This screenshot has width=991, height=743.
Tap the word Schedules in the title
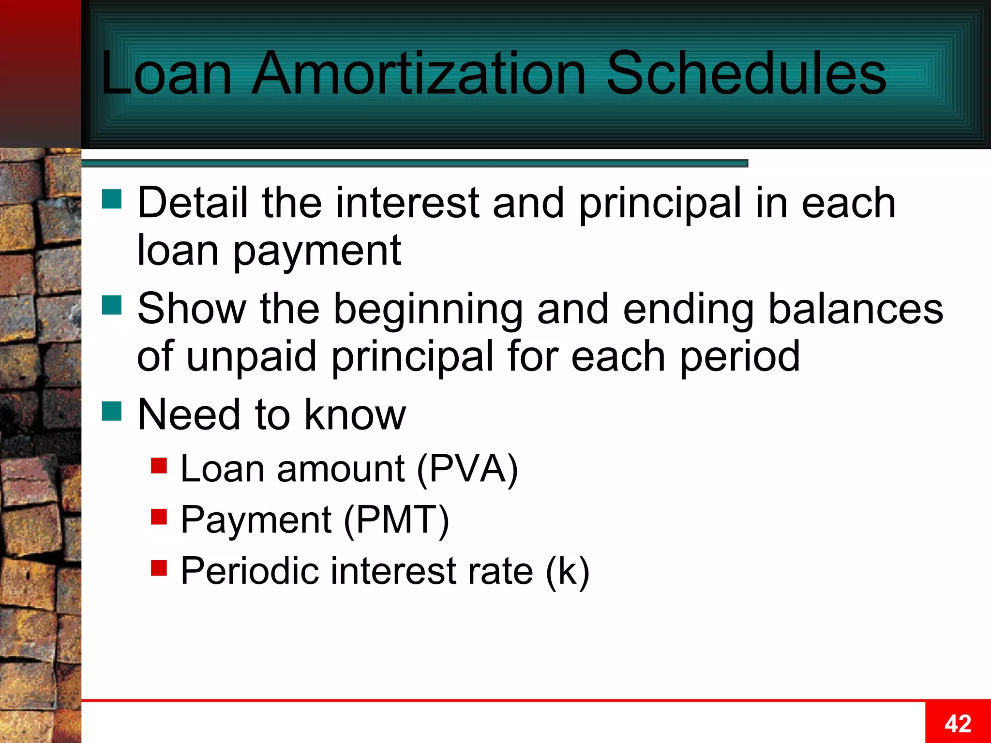coord(746,74)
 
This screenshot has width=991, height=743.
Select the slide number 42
coord(958,724)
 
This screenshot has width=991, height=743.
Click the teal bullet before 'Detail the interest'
coord(112,199)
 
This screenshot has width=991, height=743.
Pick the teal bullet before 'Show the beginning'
coord(112,305)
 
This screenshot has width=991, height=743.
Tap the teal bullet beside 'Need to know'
coord(112,411)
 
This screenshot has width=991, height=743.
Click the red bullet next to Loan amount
coord(159,465)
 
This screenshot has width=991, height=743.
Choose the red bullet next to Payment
coord(159,517)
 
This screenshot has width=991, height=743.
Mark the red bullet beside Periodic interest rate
coord(159,568)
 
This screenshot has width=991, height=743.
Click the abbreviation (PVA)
coord(467,469)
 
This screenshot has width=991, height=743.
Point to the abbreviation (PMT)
coord(396,520)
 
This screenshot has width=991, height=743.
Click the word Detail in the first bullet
coord(193,203)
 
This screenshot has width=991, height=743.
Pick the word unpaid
coord(251,357)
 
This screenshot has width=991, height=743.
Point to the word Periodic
coord(250,571)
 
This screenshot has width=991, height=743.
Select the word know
coord(355,415)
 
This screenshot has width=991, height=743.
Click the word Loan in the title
coord(166,74)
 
